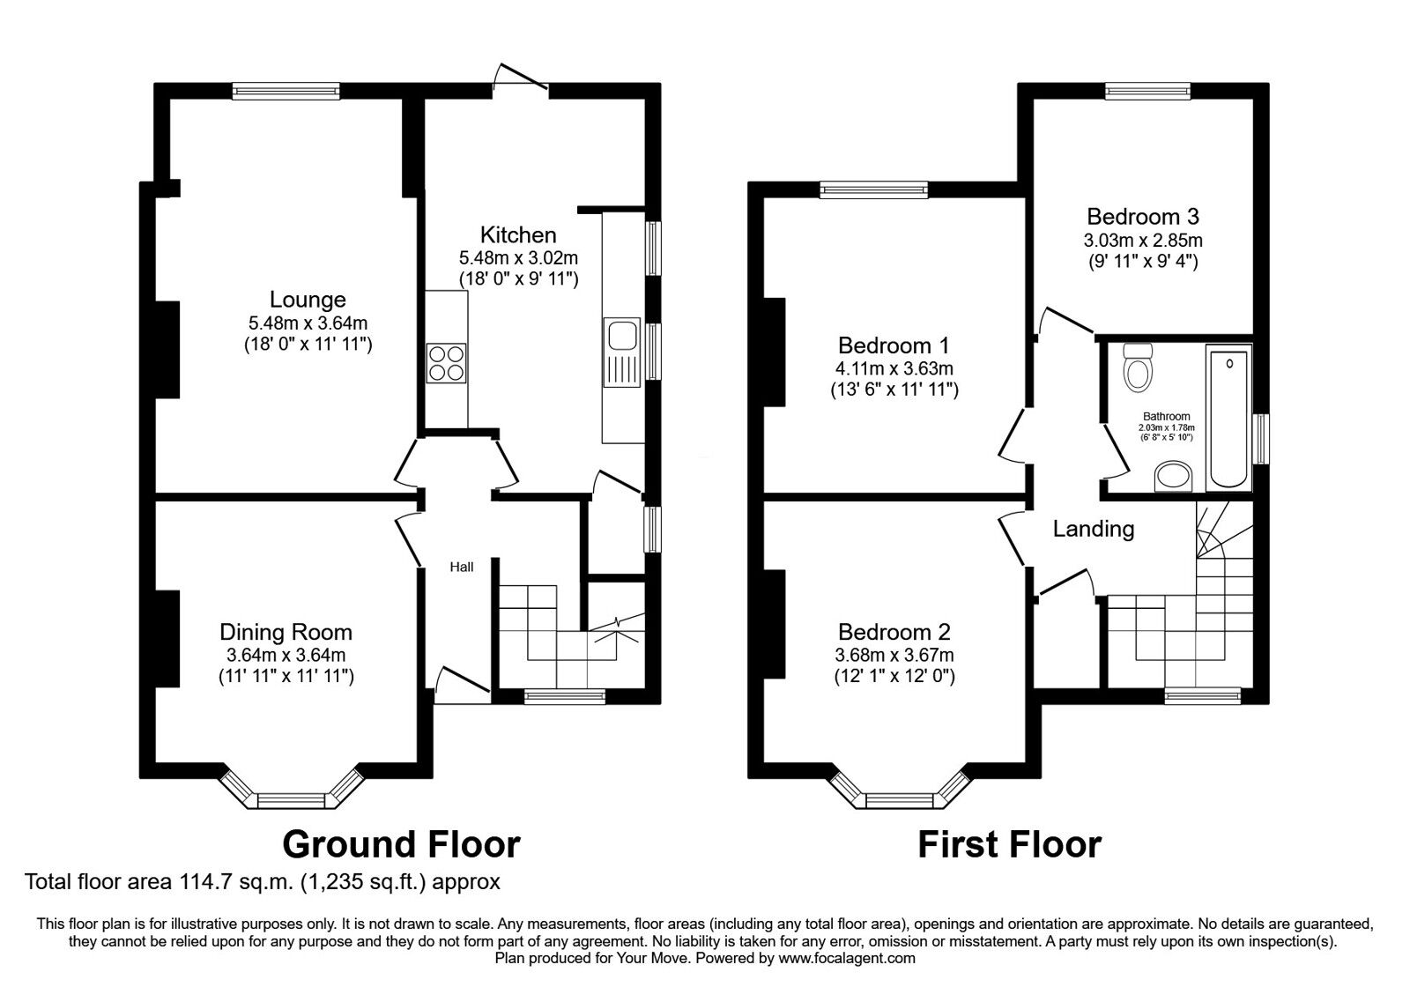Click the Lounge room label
click(x=308, y=300)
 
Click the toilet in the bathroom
click(x=1138, y=367)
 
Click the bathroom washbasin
click(x=1173, y=477)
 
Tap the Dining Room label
click(x=286, y=632)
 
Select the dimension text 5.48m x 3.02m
click(x=518, y=258)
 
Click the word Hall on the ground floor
click(x=462, y=567)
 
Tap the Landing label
click(x=1094, y=529)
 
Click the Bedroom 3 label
click(x=1142, y=217)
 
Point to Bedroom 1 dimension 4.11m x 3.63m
click(x=894, y=368)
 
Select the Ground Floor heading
click(x=401, y=844)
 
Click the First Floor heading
click(x=1009, y=844)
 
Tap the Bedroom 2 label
click(x=894, y=632)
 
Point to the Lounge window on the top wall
click(x=286, y=90)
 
